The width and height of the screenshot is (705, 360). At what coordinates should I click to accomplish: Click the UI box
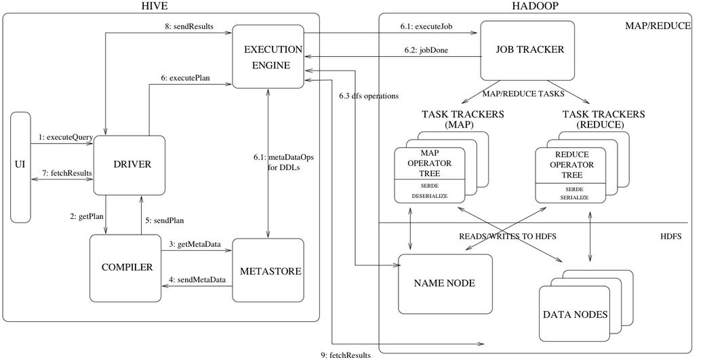click(x=21, y=167)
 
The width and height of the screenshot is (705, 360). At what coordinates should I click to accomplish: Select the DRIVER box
click(x=129, y=165)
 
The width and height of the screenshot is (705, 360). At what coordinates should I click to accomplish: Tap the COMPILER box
click(x=127, y=267)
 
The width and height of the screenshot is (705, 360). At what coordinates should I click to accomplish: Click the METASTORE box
click(x=268, y=271)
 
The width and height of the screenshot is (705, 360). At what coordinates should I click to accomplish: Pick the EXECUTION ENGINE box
click(x=268, y=57)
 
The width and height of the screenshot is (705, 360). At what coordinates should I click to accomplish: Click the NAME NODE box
click(x=445, y=283)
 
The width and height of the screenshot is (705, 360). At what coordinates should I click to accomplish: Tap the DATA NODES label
click(x=575, y=315)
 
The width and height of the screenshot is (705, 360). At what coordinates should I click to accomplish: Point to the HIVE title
click(x=155, y=6)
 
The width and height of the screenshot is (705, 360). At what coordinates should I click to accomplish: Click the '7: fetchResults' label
click(x=66, y=174)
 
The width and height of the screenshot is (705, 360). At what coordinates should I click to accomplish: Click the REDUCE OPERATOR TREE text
click(x=571, y=165)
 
